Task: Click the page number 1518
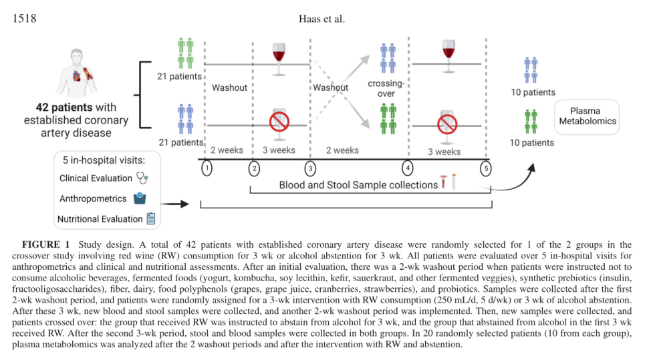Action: (x=25, y=18)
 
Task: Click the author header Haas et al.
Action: (x=321, y=18)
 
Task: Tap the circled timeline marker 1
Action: (x=207, y=168)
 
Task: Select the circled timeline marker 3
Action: (x=309, y=168)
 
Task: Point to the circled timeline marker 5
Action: (x=486, y=168)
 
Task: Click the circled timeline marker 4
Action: (x=408, y=168)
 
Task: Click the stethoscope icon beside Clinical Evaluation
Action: (x=142, y=178)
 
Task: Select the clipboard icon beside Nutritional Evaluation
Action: (x=150, y=218)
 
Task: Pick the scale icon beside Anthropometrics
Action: (x=140, y=198)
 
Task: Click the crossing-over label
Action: (x=386, y=89)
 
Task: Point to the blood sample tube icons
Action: (x=447, y=182)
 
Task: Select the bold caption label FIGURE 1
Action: (x=45, y=245)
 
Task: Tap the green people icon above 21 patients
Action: (x=185, y=53)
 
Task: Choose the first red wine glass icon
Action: (x=278, y=55)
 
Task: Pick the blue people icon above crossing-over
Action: (x=388, y=58)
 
